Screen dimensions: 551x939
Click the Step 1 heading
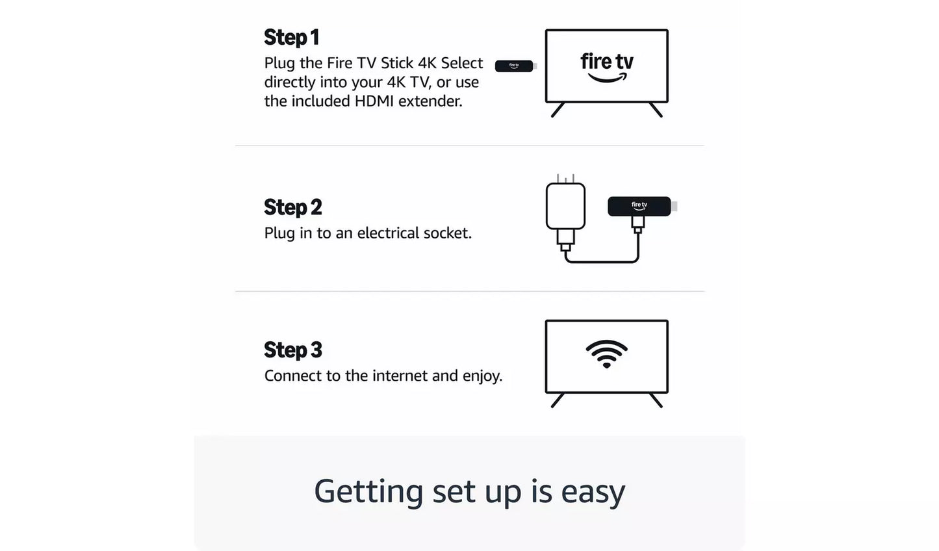click(291, 38)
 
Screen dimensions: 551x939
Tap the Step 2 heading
click(292, 207)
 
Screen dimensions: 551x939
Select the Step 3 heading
click(292, 350)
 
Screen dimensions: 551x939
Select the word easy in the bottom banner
click(593, 492)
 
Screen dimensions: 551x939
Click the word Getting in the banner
click(368, 492)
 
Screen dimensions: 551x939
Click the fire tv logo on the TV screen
click(606, 62)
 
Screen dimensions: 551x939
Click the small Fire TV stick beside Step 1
click(514, 66)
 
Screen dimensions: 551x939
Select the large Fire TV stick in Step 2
click(639, 206)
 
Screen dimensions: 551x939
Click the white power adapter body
click(565, 206)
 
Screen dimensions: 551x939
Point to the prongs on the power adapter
click(565, 178)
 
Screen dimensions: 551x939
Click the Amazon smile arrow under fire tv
click(608, 78)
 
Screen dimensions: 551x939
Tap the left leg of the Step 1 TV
click(558, 110)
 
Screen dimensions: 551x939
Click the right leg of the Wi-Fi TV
click(656, 400)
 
